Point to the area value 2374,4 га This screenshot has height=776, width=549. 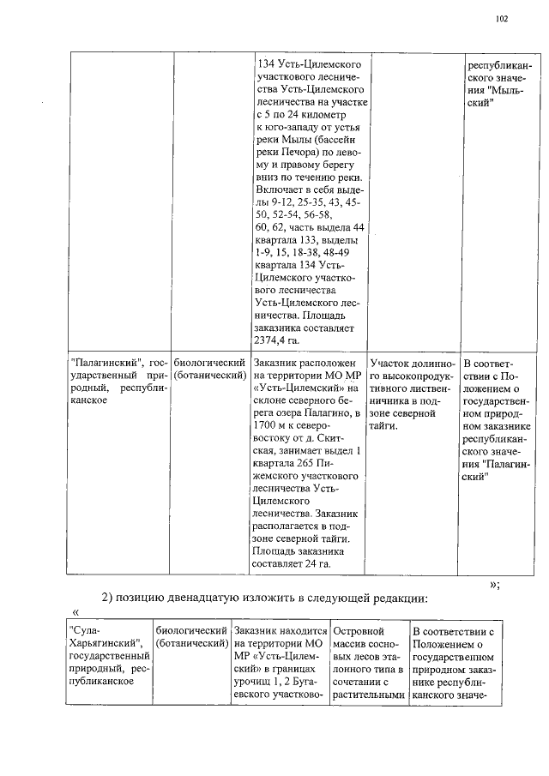point(275,340)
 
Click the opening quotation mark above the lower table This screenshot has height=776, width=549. point(76,612)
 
